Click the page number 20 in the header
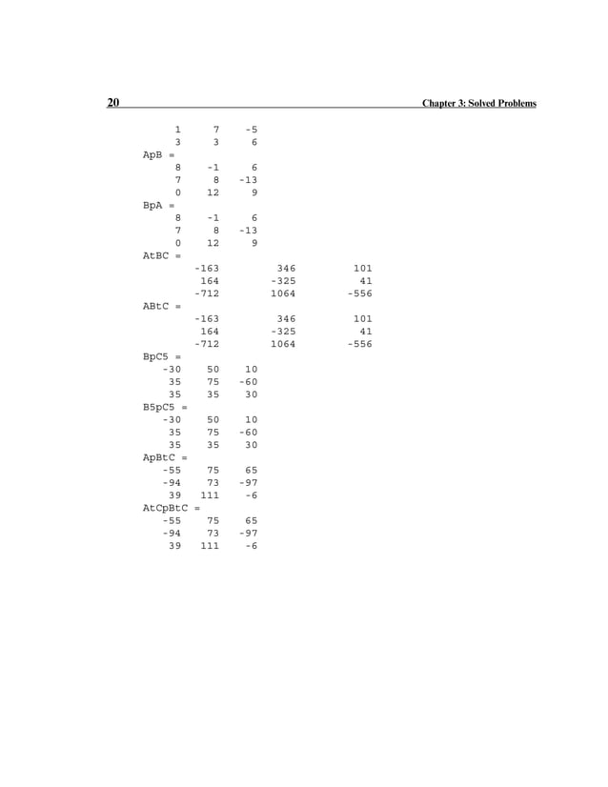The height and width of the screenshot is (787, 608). pos(112,103)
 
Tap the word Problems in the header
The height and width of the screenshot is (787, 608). pos(515,104)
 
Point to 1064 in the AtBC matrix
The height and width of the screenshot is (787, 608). pos(282,293)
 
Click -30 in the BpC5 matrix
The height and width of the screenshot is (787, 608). pos(172,369)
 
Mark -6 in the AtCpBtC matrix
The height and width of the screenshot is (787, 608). pos(251,546)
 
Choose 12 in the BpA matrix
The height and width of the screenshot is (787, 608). pos(213,243)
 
